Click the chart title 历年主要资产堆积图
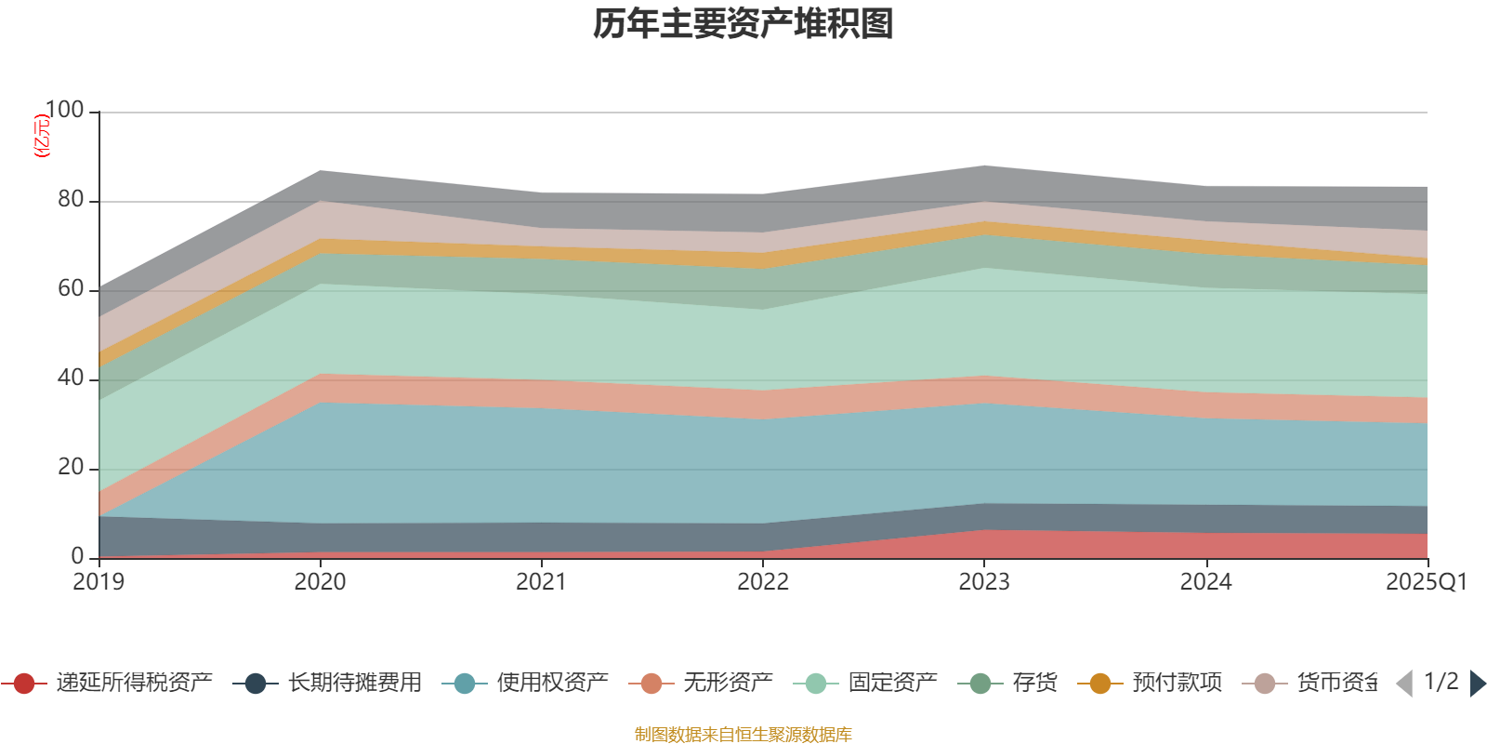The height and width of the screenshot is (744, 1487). click(743, 24)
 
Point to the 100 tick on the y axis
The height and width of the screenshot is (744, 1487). click(64, 111)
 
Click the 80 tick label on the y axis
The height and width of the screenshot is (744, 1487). click(71, 200)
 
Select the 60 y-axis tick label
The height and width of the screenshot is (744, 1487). click(71, 289)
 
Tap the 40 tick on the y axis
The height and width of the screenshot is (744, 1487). click(71, 379)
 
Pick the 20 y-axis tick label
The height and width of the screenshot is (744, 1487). click(71, 468)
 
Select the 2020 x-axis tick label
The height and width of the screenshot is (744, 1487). click(320, 582)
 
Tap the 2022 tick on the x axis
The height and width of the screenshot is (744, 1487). click(762, 582)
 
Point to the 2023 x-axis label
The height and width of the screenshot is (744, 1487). click(984, 582)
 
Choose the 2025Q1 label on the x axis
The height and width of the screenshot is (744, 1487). click(1426, 582)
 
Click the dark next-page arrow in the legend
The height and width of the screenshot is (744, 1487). click(1477, 684)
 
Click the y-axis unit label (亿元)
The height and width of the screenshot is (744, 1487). click(42, 136)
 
